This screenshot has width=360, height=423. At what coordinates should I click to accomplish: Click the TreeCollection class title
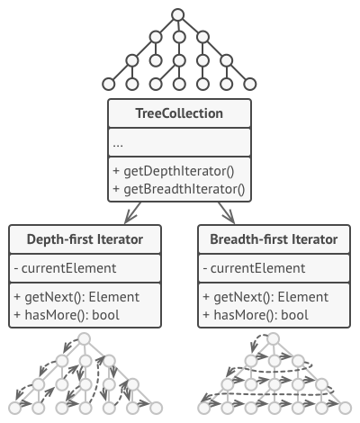[x=179, y=114]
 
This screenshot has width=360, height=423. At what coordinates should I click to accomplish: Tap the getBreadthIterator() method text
[x=180, y=190]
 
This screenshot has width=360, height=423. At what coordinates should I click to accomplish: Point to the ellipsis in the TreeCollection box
[x=119, y=143]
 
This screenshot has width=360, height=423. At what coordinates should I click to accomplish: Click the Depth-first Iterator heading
[x=85, y=240]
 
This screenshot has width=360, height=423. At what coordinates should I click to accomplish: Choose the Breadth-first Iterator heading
[x=274, y=240]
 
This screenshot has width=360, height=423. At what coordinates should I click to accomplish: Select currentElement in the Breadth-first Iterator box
[x=254, y=268]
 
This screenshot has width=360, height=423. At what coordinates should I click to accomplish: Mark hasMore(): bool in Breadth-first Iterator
[x=256, y=315]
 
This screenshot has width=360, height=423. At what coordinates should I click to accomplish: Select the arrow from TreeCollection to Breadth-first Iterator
[x=225, y=213]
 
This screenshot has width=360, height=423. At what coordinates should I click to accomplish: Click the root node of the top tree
[x=178, y=15]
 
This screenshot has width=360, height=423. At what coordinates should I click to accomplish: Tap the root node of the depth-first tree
[x=85, y=339]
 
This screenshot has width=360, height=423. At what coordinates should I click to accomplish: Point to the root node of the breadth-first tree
[x=274, y=339]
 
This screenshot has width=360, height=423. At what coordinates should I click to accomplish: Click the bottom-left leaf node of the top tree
[x=109, y=84]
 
